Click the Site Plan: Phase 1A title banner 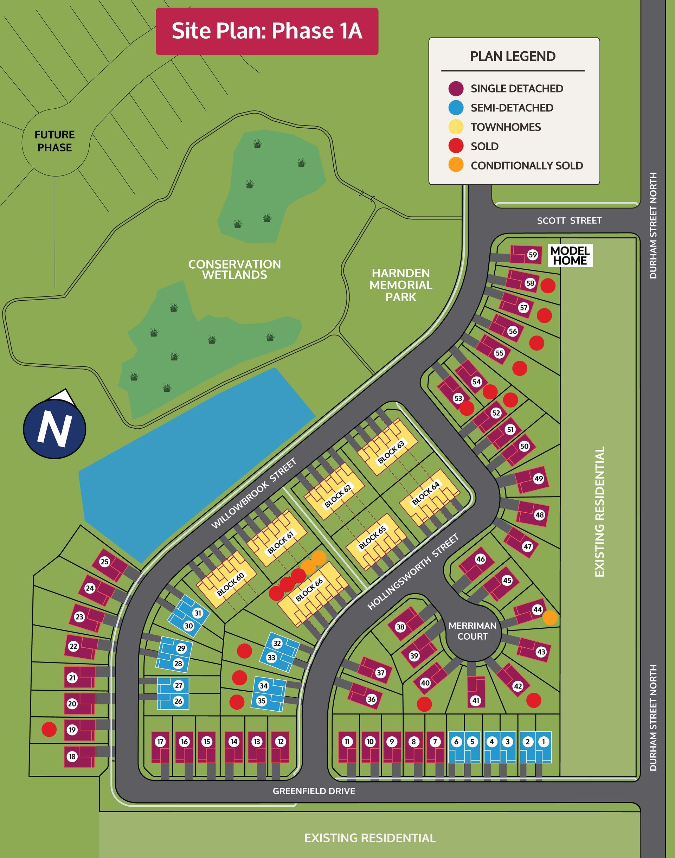click(x=267, y=31)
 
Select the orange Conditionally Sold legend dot click(x=456, y=165)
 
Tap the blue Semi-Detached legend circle click(x=456, y=108)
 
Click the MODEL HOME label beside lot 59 click(x=570, y=256)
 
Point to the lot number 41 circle click(x=476, y=701)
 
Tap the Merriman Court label click(x=472, y=631)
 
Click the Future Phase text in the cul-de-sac click(x=54, y=141)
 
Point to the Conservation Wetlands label click(x=234, y=270)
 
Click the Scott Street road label click(x=569, y=220)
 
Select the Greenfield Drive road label click(x=314, y=791)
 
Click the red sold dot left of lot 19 click(x=49, y=729)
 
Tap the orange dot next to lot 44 click(x=550, y=617)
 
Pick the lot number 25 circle click(x=104, y=562)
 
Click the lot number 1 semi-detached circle click(x=544, y=742)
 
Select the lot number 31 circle click(x=198, y=613)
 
